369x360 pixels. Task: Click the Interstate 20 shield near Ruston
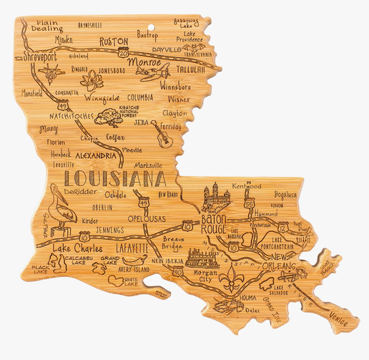click(124, 52)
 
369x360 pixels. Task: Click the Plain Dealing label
click(44, 26)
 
